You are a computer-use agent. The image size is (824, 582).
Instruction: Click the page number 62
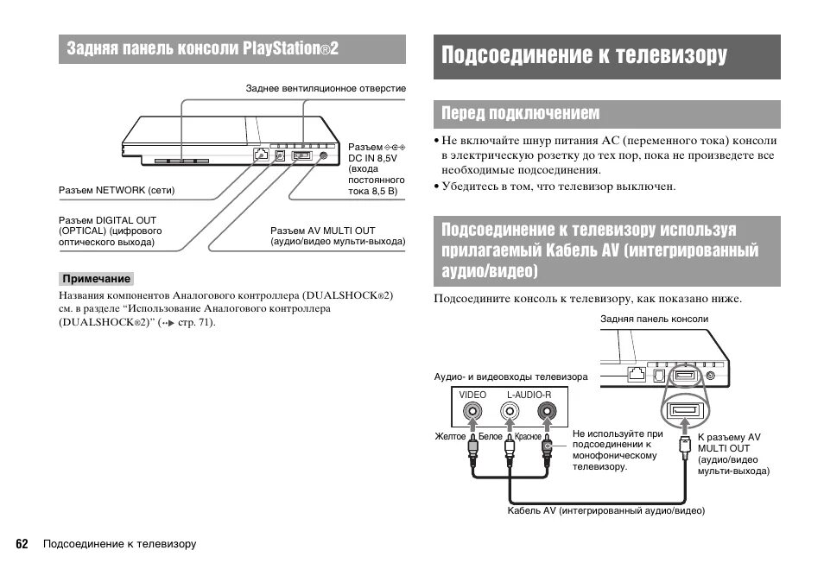click(22, 544)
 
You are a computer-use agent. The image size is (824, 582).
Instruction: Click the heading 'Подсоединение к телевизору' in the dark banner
click(584, 56)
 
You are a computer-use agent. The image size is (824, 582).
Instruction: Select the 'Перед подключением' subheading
click(520, 114)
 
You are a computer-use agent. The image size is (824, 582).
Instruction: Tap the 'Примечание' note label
click(97, 279)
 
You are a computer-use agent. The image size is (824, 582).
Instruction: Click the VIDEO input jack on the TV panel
click(473, 414)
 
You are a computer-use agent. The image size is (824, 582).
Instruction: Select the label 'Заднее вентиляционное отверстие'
click(326, 88)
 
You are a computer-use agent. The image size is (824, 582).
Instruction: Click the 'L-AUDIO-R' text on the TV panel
click(529, 395)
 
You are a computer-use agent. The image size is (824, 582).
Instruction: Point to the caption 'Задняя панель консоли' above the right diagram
click(654, 319)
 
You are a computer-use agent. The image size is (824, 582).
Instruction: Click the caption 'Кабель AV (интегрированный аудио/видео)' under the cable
click(606, 511)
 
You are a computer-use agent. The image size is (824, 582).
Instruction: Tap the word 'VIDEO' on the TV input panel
click(472, 395)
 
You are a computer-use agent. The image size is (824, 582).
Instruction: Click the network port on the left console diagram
click(260, 155)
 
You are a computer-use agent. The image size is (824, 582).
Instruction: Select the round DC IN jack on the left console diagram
click(323, 155)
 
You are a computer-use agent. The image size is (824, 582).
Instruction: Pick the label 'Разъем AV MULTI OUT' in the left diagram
click(323, 231)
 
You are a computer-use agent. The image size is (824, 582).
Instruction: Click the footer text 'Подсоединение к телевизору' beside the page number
click(120, 544)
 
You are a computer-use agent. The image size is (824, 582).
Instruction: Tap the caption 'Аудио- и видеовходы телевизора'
click(510, 377)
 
